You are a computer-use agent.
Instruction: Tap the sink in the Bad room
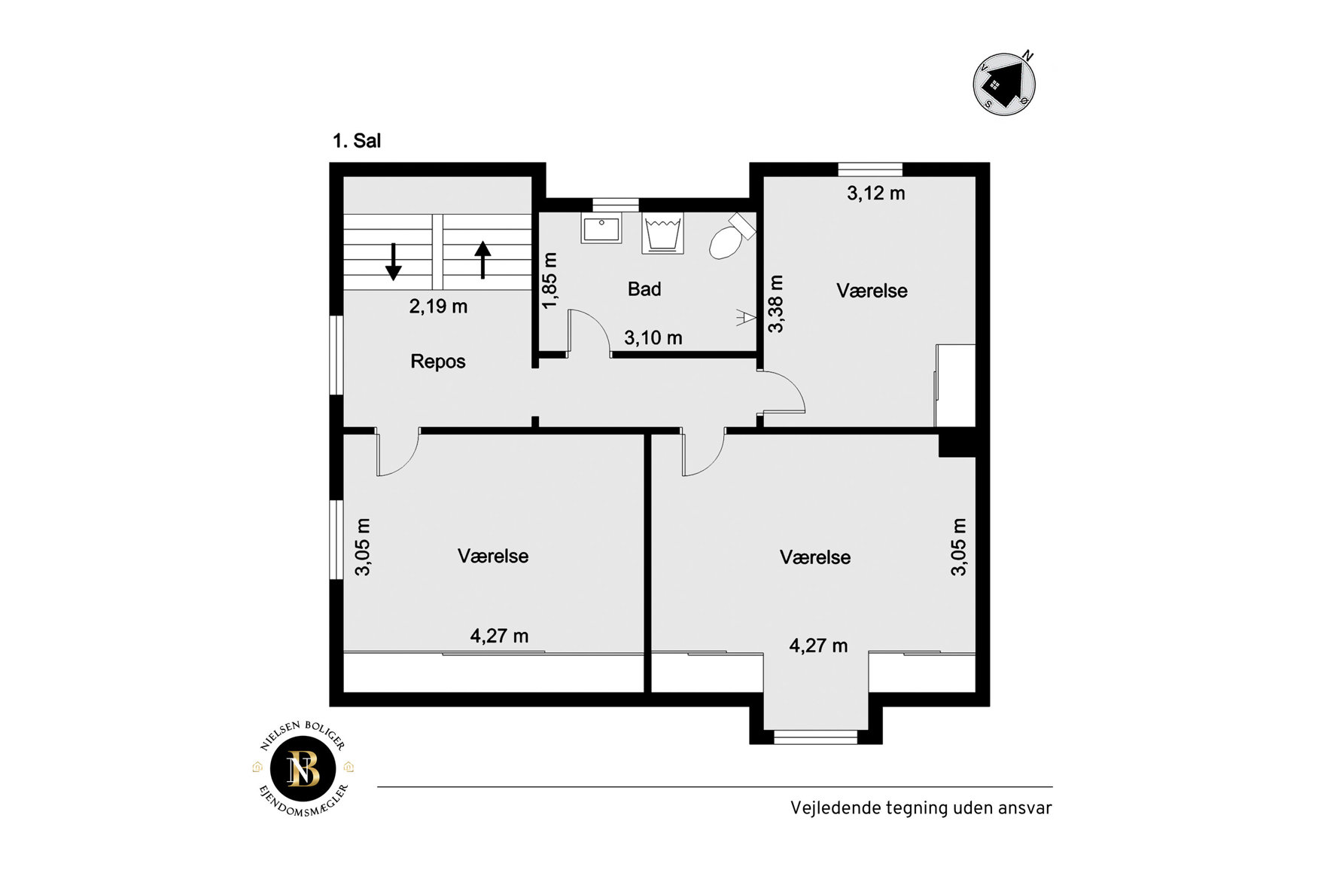(x=601, y=228)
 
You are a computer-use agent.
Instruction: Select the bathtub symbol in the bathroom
(x=662, y=233)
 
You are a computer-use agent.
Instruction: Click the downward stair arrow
(x=393, y=261)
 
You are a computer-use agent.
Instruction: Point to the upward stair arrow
(x=482, y=259)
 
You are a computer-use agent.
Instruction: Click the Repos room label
(x=438, y=362)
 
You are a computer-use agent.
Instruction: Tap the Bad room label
(x=644, y=289)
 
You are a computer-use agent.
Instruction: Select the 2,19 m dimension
(x=438, y=307)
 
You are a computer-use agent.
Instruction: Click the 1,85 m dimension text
(x=550, y=280)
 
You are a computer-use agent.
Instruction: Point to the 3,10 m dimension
(x=653, y=338)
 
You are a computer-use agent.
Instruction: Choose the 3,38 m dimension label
(x=776, y=304)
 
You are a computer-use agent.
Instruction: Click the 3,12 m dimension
(x=876, y=194)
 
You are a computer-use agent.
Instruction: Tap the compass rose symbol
(x=1005, y=83)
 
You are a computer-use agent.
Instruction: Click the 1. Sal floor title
(x=357, y=141)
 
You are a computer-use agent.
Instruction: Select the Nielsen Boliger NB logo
(x=303, y=768)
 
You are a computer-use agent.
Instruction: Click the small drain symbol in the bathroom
(x=745, y=318)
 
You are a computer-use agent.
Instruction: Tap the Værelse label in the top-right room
(x=872, y=291)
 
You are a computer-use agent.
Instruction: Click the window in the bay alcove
(x=816, y=737)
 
